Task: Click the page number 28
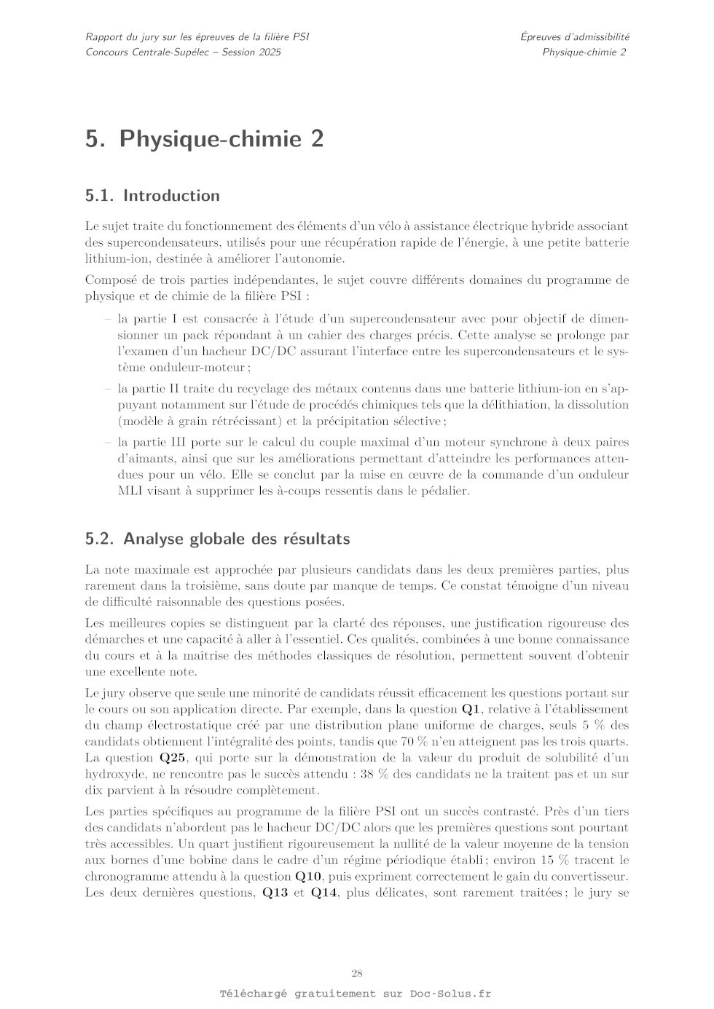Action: click(x=357, y=973)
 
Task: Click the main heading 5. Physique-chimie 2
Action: click(x=205, y=138)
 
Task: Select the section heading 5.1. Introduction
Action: click(x=152, y=195)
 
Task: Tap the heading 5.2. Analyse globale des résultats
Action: click(x=217, y=539)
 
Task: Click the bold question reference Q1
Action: click(x=472, y=709)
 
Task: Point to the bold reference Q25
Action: click(x=175, y=758)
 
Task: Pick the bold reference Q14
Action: click(x=324, y=893)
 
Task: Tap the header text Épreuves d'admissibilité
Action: click(x=575, y=36)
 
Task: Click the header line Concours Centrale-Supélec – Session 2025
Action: click(x=183, y=52)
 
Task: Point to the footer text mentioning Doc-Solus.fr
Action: click(x=356, y=994)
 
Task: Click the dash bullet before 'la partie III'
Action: click(x=108, y=442)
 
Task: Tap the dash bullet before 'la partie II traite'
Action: click(x=108, y=389)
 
